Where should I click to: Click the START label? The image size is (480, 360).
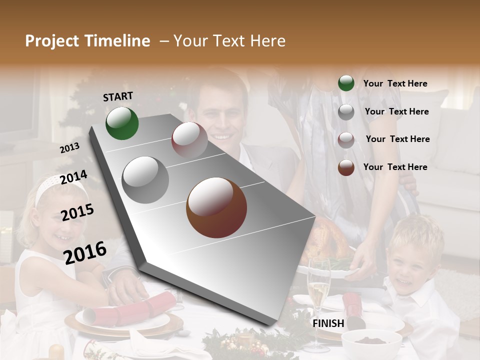(x=118, y=96)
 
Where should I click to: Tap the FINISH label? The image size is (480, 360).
(x=328, y=323)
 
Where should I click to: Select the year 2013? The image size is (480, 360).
(x=69, y=148)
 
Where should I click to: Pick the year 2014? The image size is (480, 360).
(x=73, y=177)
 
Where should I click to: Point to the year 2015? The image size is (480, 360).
(x=77, y=212)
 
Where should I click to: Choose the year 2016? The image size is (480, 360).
(x=85, y=252)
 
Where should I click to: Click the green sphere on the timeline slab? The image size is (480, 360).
(x=122, y=123)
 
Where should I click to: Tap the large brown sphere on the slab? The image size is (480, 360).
(x=216, y=207)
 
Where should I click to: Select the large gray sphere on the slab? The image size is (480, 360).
(x=145, y=179)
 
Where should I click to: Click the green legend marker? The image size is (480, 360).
(x=346, y=83)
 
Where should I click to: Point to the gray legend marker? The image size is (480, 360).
(x=346, y=112)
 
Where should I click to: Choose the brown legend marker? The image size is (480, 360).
(x=346, y=167)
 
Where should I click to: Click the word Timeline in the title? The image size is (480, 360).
(x=118, y=41)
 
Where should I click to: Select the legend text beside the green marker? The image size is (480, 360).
(x=395, y=83)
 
